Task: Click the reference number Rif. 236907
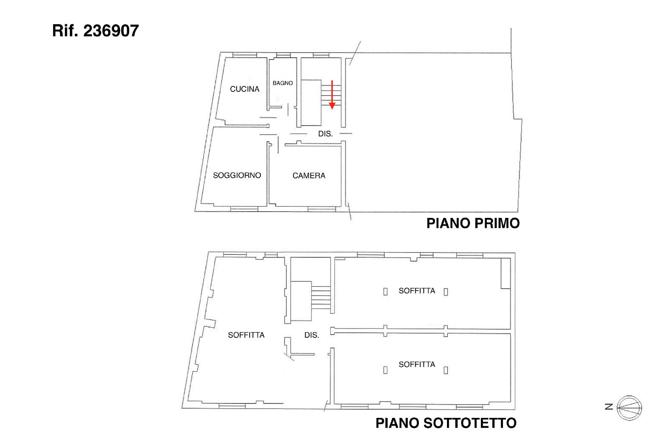coord(95,31)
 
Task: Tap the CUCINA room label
coord(245,89)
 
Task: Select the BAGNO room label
coord(283,83)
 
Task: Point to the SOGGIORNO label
coord(237,175)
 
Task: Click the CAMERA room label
coord(309,175)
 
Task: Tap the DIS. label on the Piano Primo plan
coord(325,134)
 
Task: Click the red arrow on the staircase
coord(332,95)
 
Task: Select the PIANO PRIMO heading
coord(473,223)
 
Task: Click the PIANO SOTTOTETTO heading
coord(446,423)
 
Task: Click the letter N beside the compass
coord(609,407)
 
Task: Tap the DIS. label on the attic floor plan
coord(312,335)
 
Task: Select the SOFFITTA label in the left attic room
coord(246,335)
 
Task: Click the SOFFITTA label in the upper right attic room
coord(416,291)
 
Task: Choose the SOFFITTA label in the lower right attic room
coord(416,364)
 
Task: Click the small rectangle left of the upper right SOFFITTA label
coord(385,291)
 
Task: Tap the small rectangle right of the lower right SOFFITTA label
coord(446,370)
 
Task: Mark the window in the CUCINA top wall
coord(245,55)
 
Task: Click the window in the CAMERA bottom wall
coord(322,210)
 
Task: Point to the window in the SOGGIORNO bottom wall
coord(244,209)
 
